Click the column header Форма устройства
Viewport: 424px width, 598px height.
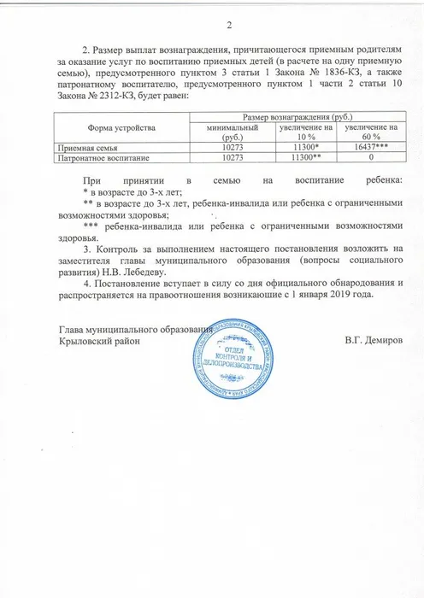tap(128, 126)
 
